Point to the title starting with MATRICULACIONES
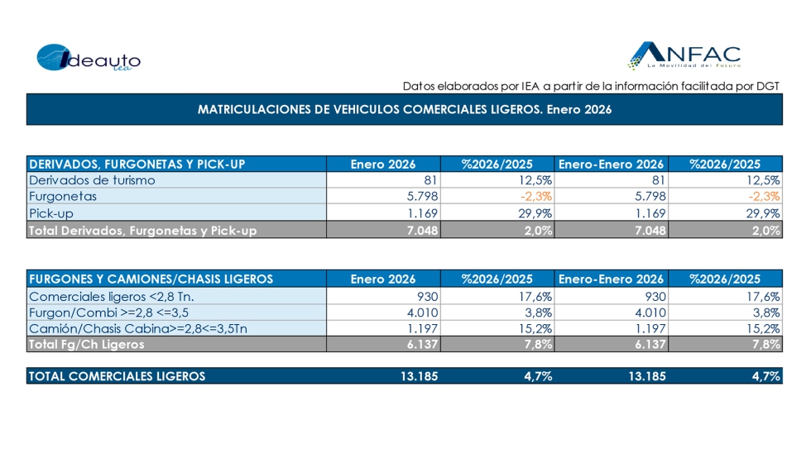(405, 109)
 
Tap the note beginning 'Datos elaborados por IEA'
(591, 86)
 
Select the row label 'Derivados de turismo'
(92, 180)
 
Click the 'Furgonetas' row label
(63, 197)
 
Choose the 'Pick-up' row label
(53, 213)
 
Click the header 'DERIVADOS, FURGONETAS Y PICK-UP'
(137, 164)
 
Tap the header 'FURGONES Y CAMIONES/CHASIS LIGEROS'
(151, 279)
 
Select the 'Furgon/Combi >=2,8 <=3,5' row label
(108, 312)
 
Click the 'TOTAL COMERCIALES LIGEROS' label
(117, 376)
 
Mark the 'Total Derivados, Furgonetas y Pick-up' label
(142, 231)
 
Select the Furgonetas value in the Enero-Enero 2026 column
(648, 197)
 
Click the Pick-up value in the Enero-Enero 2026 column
(648, 213)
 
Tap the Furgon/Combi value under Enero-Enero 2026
(648, 312)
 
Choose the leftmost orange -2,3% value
(536, 197)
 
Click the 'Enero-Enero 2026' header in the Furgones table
(611, 279)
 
